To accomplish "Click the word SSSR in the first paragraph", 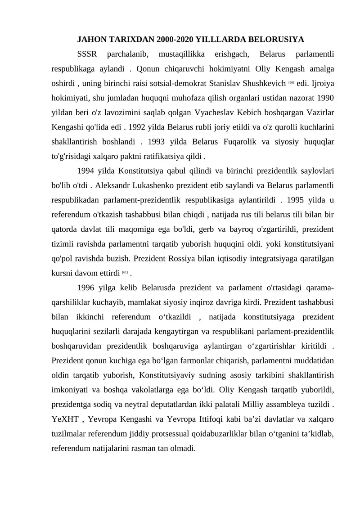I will tap(87, 54).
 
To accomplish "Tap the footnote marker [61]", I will tap(125, 272).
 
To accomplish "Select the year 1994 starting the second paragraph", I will tap(87, 171).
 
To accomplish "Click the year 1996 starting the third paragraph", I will tap(87, 288).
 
